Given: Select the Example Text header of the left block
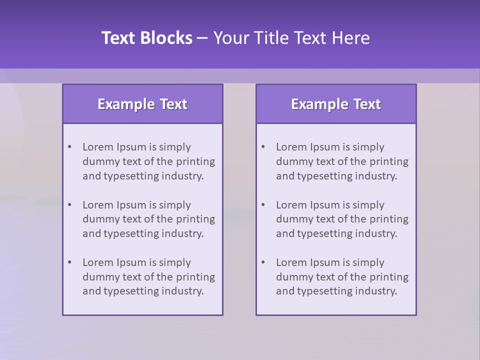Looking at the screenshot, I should (142, 104).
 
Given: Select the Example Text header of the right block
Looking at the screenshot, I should (336, 104).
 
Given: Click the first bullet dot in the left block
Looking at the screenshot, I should (70, 147).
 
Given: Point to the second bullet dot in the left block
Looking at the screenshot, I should (70, 205).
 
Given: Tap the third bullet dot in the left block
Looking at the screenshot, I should (70, 262).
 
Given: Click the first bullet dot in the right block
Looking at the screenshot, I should (263, 147).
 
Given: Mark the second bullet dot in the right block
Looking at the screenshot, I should (263, 205).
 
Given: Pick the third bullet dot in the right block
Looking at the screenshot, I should (263, 262).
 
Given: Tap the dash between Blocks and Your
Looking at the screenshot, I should (203, 38).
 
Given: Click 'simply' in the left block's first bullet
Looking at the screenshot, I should (175, 147).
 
